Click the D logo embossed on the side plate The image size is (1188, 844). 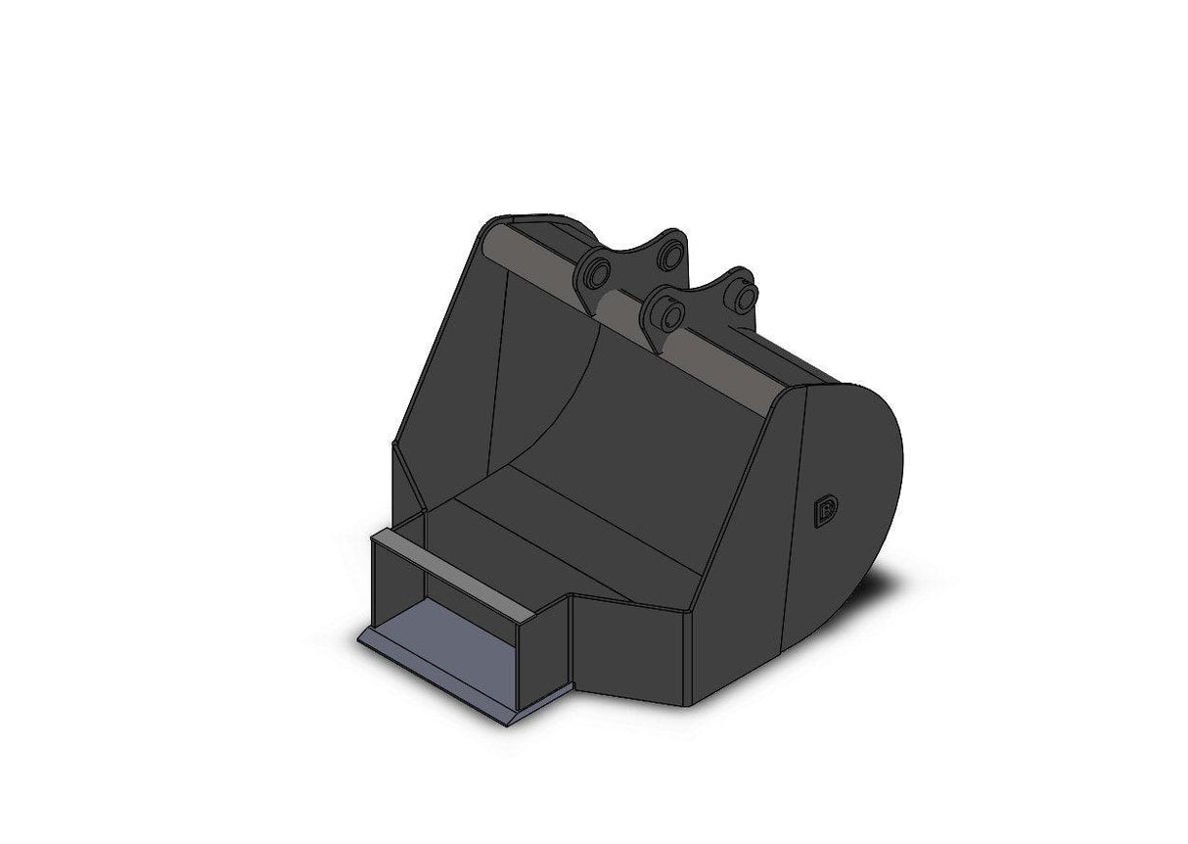point(825,512)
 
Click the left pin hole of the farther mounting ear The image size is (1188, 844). point(598,271)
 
